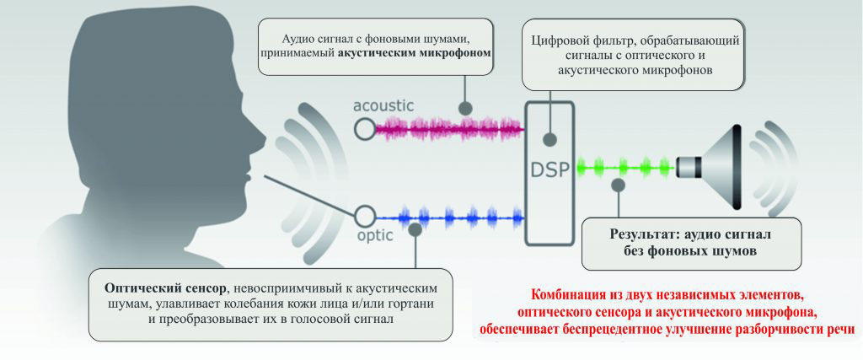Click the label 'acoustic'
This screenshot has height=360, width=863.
tap(383, 106)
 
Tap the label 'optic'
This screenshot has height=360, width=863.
tap(371, 235)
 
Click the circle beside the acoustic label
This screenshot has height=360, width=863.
tap(364, 128)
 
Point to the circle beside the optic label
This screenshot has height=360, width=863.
tap(365, 214)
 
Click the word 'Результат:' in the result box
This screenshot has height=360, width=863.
tap(646, 233)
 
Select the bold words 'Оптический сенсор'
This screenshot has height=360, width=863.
tap(160, 287)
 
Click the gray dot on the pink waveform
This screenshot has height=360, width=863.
tap(464, 110)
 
